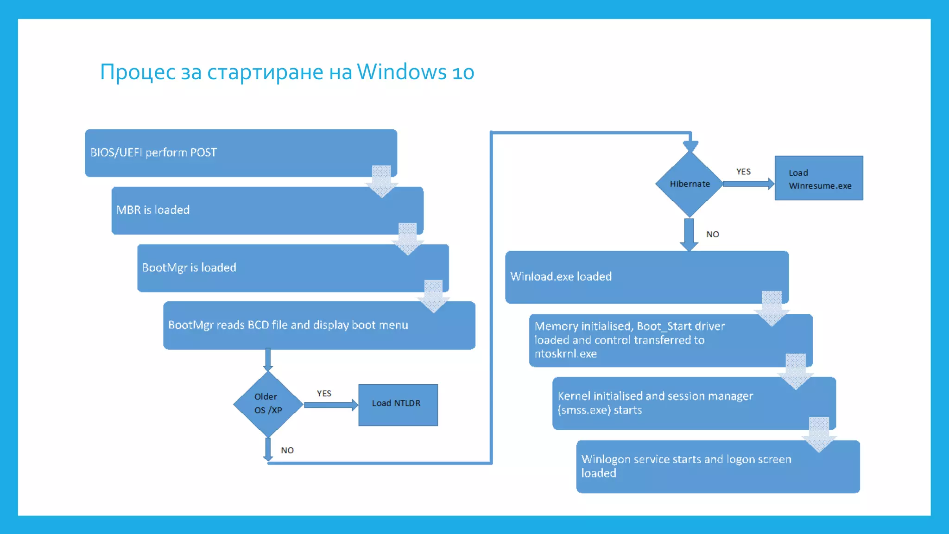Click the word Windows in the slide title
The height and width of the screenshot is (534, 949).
pyautogui.click(x=401, y=72)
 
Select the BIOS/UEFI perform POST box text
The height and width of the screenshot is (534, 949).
pyautogui.click(x=153, y=153)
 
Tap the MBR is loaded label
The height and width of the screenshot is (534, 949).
pyautogui.click(x=153, y=210)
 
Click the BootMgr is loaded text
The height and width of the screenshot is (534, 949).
pyautogui.click(x=189, y=267)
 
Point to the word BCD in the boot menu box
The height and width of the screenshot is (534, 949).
pyautogui.click(x=258, y=325)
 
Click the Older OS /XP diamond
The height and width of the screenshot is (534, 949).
pyautogui.click(x=268, y=404)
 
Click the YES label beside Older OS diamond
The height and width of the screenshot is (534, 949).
pyautogui.click(x=324, y=394)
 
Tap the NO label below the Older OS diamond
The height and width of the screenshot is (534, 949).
pyautogui.click(x=287, y=451)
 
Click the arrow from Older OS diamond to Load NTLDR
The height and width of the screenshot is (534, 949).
pyautogui.click(x=330, y=405)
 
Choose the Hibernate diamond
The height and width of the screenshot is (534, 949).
pyautogui.click(x=690, y=184)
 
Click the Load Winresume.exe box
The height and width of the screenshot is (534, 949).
pyautogui.click(x=819, y=179)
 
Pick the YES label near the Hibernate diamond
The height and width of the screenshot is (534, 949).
pyautogui.click(x=743, y=172)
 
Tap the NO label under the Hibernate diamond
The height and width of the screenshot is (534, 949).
pyautogui.click(x=713, y=235)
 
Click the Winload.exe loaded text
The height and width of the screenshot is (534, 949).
pyautogui.click(x=561, y=277)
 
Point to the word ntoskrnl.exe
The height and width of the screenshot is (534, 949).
pyautogui.click(x=565, y=354)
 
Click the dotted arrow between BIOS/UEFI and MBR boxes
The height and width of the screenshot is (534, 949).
pyautogui.click(x=381, y=181)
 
